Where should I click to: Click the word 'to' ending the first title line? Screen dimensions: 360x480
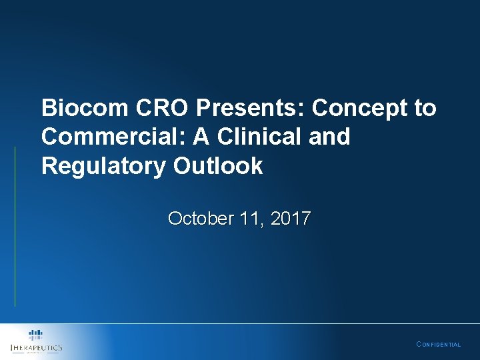pyautogui.click(x=425, y=108)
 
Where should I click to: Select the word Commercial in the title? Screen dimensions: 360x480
pyautogui.click(x=113, y=137)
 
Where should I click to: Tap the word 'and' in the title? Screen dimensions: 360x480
pyautogui.click(x=330, y=137)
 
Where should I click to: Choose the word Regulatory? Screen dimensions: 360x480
pyautogui.click(x=104, y=167)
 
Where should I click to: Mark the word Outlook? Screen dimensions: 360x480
pyautogui.click(x=218, y=167)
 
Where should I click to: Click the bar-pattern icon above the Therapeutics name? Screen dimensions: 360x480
pyautogui.click(x=36, y=335)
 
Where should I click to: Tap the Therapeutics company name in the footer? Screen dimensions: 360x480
pyautogui.click(x=37, y=348)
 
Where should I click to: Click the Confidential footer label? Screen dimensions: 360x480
pyautogui.click(x=438, y=345)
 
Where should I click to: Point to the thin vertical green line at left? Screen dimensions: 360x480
pyautogui.click(x=15, y=227)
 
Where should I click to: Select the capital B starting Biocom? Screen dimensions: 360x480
pyautogui.click(x=48, y=108)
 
